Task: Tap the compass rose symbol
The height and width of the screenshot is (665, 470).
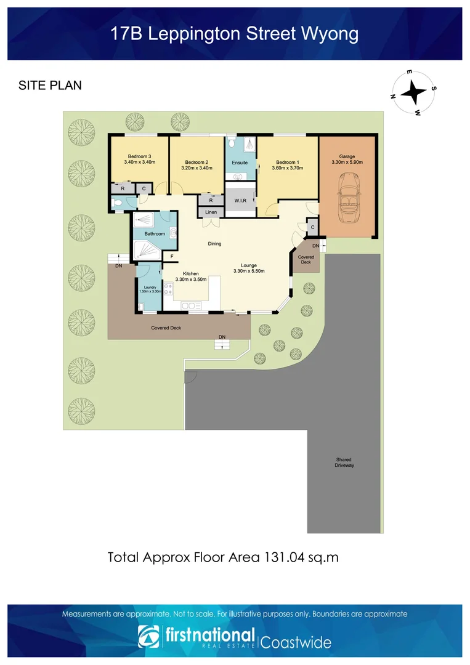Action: tap(413, 92)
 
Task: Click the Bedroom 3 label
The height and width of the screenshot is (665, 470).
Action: tap(140, 156)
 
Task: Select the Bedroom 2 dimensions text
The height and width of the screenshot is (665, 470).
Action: tap(197, 168)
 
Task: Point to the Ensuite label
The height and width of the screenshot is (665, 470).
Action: tap(240, 163)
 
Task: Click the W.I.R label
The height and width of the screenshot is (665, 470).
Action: tap(240, 201)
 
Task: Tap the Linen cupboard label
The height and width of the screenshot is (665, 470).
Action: tap(211, 212)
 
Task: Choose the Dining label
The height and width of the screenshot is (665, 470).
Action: tap(214, 243)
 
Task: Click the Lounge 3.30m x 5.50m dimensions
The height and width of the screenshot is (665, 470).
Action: tap(249, 271)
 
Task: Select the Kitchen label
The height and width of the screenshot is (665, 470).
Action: tap(191, 273)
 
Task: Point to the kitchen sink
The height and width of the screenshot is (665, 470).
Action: tap(191, 306)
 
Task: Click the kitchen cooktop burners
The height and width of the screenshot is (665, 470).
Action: tap(168, 289)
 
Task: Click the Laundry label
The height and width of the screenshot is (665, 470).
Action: tap(150, 287)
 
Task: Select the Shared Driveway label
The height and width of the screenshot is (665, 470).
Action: tap(344, 462)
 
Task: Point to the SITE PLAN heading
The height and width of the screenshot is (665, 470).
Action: tap(50, 85)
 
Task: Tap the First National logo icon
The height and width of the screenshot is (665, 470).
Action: tap(148, 636)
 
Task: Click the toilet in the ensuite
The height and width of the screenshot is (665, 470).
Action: tap(231, 141)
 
